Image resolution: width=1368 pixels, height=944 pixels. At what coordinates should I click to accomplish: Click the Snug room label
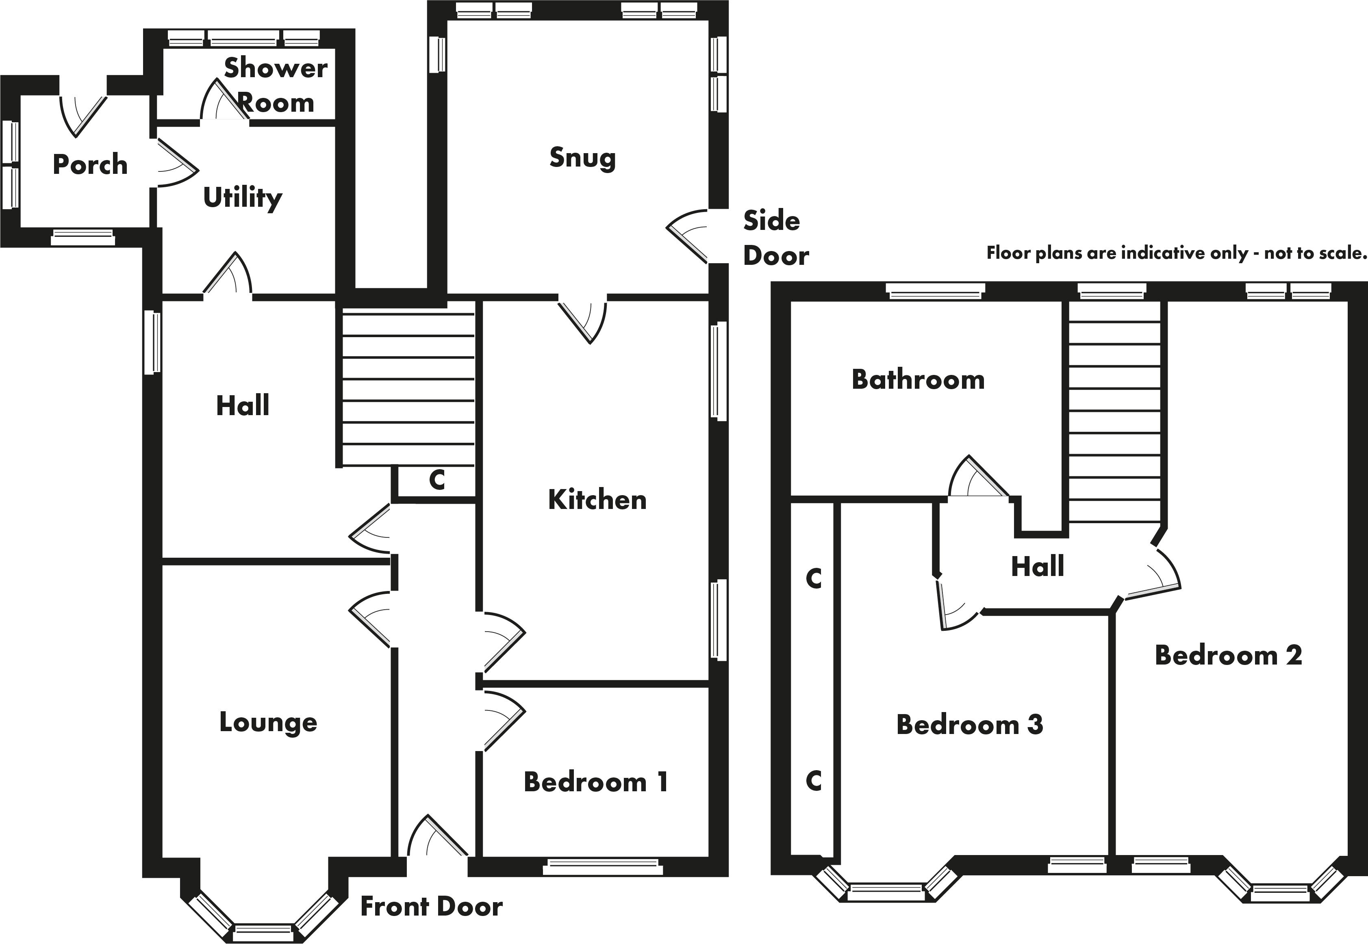(582, 158)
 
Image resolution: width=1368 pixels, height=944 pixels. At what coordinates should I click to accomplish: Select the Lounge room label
(268, 723)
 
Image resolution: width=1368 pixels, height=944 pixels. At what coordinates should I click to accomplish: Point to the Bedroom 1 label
(596, 782)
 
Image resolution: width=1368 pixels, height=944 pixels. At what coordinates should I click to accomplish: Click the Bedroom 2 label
(1228, 655)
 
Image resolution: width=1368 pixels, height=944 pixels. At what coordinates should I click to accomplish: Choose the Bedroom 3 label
(969, 725)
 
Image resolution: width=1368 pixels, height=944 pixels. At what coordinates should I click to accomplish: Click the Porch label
(90, 165)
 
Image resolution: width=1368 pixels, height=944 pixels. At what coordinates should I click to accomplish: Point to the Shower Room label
(276, 86)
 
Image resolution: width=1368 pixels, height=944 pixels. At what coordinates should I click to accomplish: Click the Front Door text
(431, 907)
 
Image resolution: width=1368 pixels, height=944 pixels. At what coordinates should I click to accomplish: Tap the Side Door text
(775, 238)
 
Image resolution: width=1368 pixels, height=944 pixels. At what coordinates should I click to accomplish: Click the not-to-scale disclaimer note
(1176, 253)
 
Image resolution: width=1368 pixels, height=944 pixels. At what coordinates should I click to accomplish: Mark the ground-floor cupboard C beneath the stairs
(436, 480)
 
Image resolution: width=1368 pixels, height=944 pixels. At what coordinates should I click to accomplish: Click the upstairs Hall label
(1037, 567)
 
